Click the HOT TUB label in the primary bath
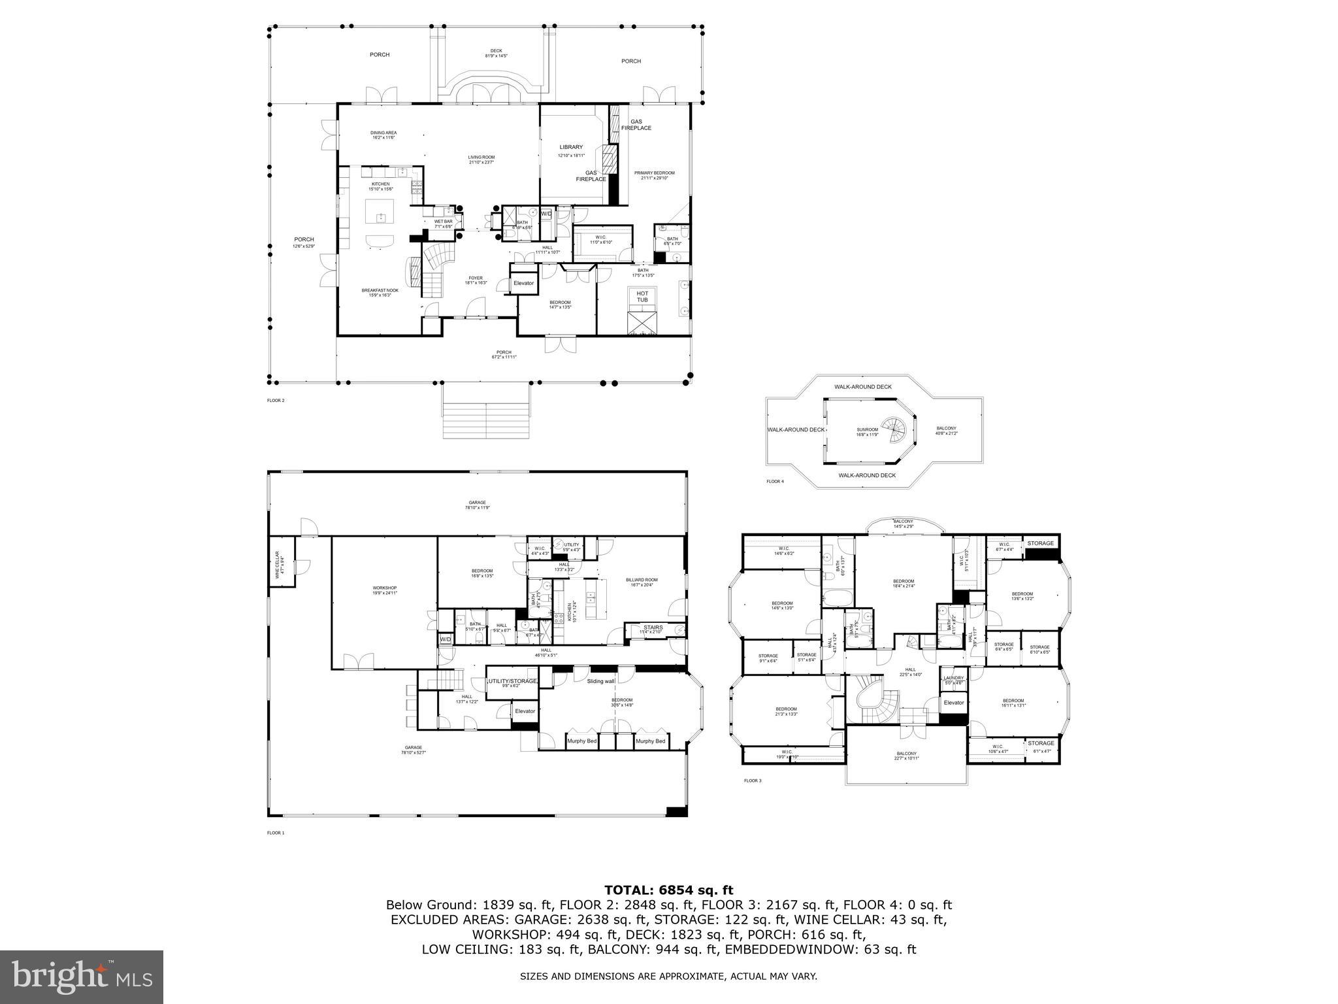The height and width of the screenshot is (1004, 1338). pos(642,297)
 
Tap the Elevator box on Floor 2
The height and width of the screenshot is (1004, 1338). pos(523,283)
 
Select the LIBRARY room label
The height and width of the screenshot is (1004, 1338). pos(571,147)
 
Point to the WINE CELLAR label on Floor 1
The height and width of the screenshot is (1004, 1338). pos(277,564)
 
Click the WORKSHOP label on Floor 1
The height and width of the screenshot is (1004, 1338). pos(384,588)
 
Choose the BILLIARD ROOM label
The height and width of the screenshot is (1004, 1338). pos(642,580)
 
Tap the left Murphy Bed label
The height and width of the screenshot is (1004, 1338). pos(581,741)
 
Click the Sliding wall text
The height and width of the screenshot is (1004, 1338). pos(600,680)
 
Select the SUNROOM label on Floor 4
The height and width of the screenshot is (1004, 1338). pos(868,429)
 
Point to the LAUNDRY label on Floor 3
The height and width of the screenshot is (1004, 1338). pos(953,678)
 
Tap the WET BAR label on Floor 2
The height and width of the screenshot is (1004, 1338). pos(444,222)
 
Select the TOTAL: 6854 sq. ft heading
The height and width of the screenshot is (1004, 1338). pos(668,890)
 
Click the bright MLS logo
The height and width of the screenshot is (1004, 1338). pos(82,977)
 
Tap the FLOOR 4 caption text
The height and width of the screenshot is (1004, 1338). pos(775,482)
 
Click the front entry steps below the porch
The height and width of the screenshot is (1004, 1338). pos(485,411)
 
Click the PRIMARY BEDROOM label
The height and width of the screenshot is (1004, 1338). pos(654,173)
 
